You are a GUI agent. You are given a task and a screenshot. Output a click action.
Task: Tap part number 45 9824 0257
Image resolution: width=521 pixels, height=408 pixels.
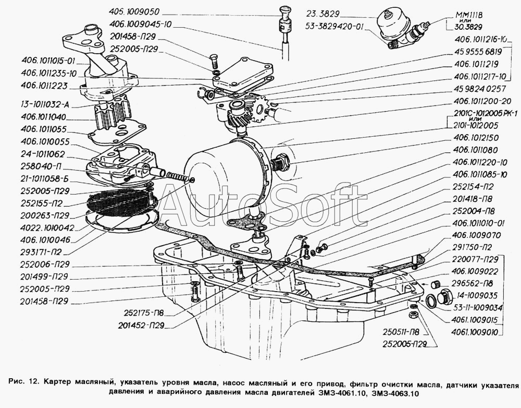click(476, 89)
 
